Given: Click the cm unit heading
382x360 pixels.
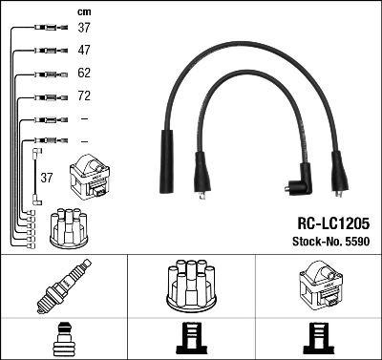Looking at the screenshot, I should [84, 11].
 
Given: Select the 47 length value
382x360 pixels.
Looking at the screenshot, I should [84, 50].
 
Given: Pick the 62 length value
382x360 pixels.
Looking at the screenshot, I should [84, 74].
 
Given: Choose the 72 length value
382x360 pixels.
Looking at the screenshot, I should [84, 96].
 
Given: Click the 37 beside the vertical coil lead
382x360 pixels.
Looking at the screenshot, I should [46, 177].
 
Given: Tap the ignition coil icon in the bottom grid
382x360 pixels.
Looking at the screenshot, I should [318, 284].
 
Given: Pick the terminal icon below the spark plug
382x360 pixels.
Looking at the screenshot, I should [63, 339].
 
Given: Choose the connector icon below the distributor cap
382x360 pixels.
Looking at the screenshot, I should [191, 339].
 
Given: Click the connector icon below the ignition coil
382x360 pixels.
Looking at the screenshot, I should [318, 339].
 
